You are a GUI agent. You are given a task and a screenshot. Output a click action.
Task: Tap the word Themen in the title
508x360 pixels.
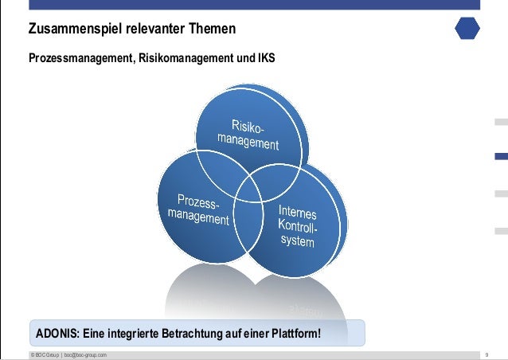(x=213, y=30)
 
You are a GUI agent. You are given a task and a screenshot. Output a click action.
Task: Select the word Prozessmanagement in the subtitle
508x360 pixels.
(x=80, y=60)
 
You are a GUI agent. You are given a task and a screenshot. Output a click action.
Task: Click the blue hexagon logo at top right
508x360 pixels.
(x=467, y=28)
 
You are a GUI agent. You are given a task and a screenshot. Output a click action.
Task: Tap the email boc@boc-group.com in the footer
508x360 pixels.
(x=85, y=354)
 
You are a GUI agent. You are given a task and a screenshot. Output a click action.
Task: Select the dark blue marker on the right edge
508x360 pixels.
(x=501, y=157)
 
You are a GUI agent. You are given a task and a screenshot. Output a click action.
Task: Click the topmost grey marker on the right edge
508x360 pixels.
(x=501, y=122)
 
